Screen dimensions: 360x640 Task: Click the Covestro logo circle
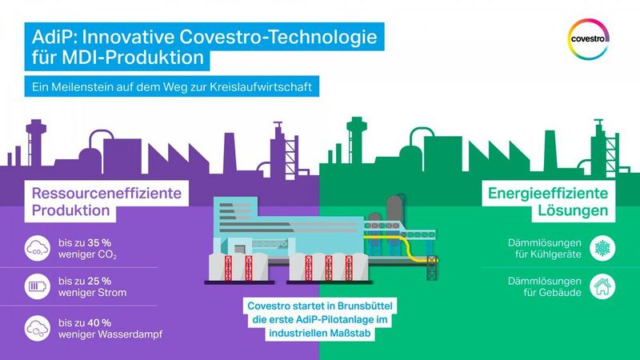pos(590,38)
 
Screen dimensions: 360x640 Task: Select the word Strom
pos(112,293)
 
